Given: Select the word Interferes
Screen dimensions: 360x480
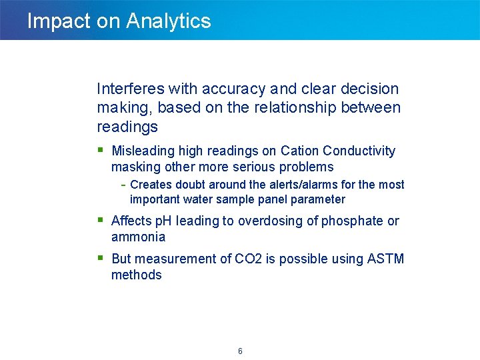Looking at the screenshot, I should coord(131,89).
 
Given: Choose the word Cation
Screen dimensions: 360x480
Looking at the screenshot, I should coord(299,151).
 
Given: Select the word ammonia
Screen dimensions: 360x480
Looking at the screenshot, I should coord(138,237).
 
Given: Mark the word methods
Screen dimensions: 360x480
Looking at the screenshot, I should coord(136,275).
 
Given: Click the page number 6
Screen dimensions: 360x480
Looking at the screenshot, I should coord(240,351).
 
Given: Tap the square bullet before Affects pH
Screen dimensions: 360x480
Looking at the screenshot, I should coord(101,219).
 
